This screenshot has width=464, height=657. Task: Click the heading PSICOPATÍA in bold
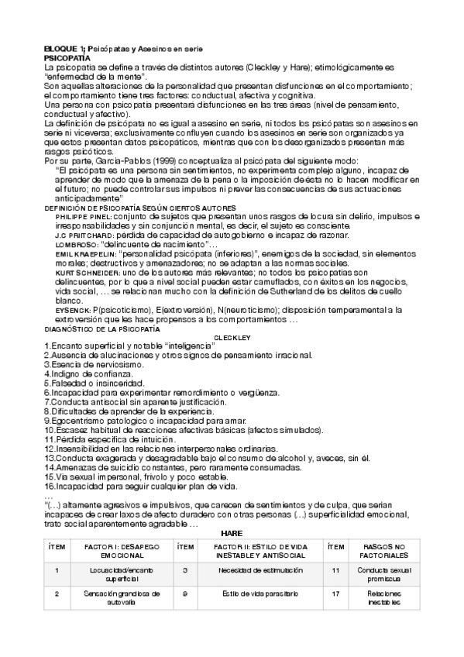67,57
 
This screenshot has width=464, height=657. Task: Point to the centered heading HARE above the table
232,533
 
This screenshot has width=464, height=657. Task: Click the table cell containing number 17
335,597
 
